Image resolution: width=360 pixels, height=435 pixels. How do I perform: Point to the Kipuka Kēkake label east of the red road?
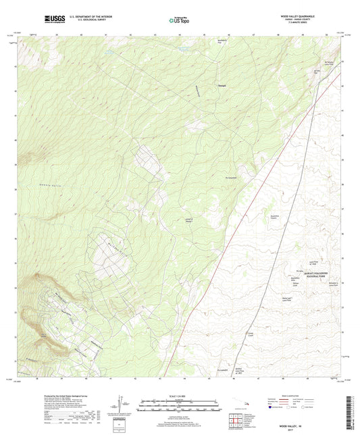tap(270, 219)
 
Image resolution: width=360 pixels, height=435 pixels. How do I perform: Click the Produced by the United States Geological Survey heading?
tap(66, 397)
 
